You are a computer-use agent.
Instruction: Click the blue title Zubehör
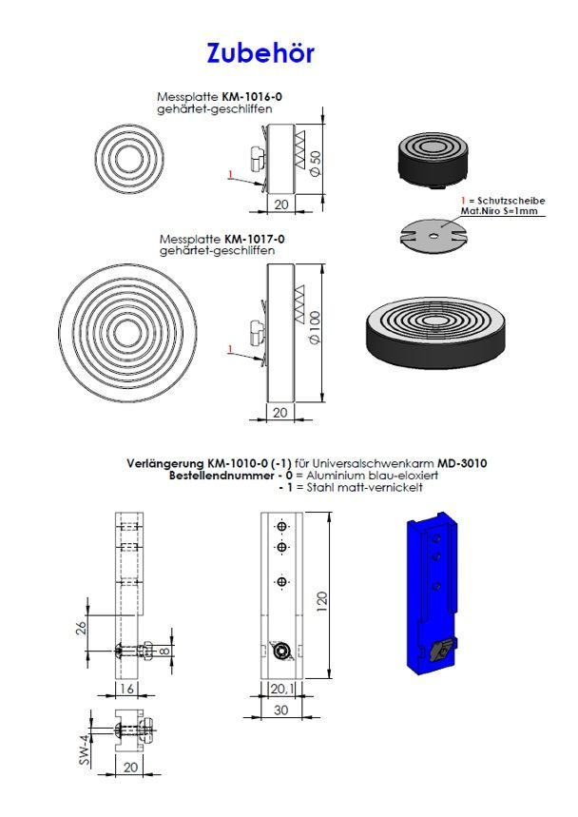click(x=260, y=53)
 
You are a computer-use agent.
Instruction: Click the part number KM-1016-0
click(x=253, y=97)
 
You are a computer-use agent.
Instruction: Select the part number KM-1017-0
click(x=255, y=239)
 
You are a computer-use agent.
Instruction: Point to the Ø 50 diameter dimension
click(x=316, y=163)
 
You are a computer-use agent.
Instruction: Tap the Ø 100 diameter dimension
click(x=315, y=327)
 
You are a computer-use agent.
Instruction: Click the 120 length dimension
click(x=322, y=601)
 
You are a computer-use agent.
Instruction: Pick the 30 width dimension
click(x=280, y=710)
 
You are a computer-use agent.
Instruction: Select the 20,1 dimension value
click(x=281, y=689)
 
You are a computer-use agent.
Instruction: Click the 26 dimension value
click(x=81, y=628)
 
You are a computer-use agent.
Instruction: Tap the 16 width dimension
click(x=127, y=689)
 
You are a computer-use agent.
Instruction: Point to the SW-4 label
click(x=85, y=749)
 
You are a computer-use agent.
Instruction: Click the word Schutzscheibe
click(x=511, y=201)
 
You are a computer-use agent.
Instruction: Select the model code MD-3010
click(x=462, y=462)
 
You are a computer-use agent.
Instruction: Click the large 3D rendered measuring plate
click(x=434, y=334)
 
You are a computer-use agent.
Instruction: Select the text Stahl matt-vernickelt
click(x=364, y=487)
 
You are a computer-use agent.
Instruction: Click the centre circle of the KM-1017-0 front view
click(x=127, y=333)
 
